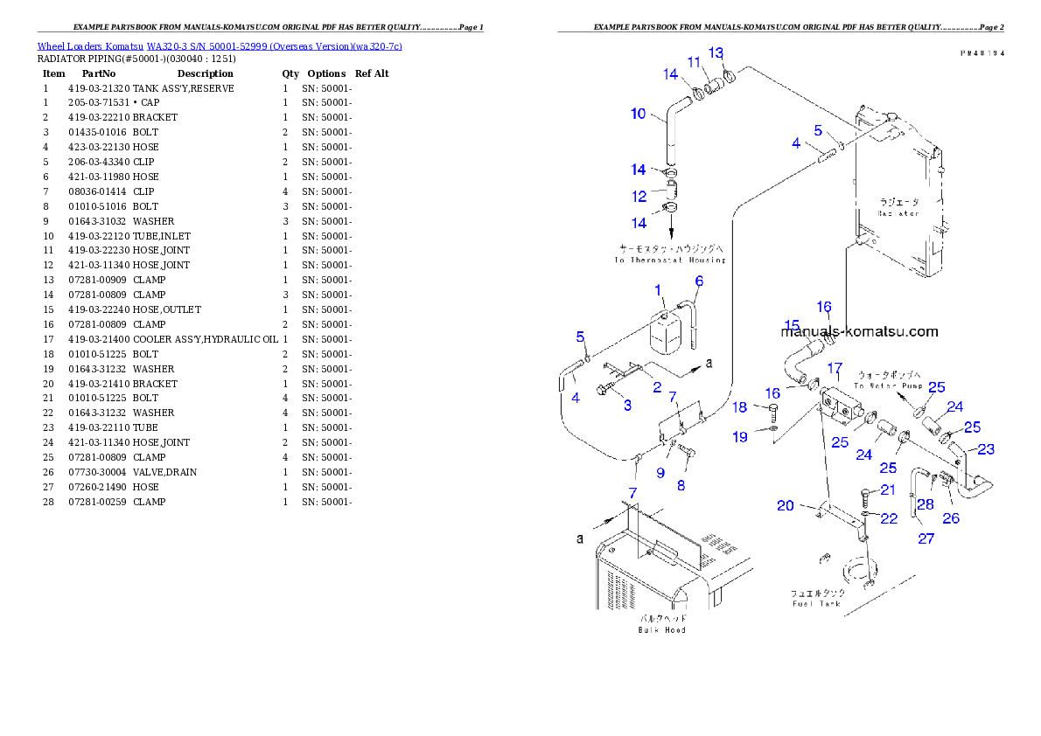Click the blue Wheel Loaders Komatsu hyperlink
[x=220, y=46]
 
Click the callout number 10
[x=639, y=114]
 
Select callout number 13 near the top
[x=716, y=53]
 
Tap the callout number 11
[x=694, y=62]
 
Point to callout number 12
[x=640, y=196]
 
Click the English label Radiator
[x=898, y=213]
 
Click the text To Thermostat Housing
[x=669, y=260]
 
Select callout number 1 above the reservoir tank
[x=659, y=289]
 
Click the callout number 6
[x=699, y=281]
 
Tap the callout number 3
[x=627, y=405]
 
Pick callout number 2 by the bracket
[x=657, y=387]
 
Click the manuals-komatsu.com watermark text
[x=859, y=331]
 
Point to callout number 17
[x=835, y=368]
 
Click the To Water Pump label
[x=888, y=385]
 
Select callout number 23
[x=986, y=449]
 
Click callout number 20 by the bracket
[x=785, y=506]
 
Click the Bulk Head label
[x=662, y=629]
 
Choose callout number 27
[x=926, y=538]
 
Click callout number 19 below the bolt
[x=740, y=437]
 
